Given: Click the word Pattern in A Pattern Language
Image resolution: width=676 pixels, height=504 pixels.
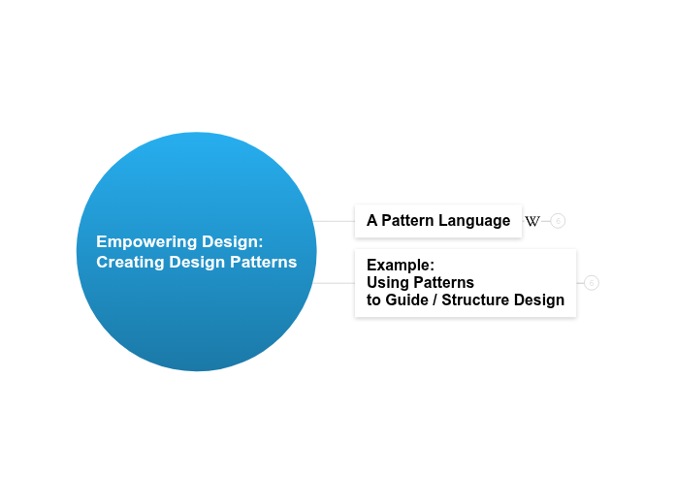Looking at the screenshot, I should [x=407, y=221].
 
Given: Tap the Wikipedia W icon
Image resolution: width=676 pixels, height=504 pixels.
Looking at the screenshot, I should [x=532, y=221].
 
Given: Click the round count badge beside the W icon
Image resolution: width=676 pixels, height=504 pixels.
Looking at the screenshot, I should [x=558, y=221].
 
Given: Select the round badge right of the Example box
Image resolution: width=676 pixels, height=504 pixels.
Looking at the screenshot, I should [x=592, y=283].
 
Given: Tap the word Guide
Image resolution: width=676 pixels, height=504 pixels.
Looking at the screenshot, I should [x=406, y=300].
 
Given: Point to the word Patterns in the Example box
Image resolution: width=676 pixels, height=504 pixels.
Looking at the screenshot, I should [x=442, y=282].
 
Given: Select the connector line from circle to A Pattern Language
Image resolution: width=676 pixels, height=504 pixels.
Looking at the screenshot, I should [x=335, y=221].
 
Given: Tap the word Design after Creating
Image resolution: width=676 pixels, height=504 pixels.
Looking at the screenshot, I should [x=192, y=262].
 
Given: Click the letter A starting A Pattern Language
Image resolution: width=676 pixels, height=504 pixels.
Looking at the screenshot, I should [x=371, y=221].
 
